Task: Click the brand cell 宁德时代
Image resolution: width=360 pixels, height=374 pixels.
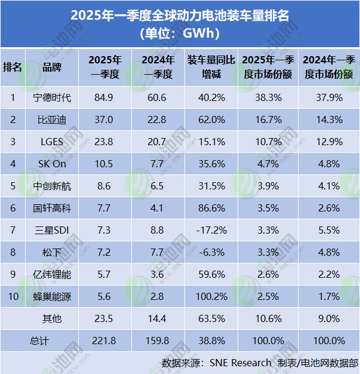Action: coord(53,97)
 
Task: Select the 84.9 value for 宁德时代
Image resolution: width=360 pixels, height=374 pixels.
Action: coord(105,97)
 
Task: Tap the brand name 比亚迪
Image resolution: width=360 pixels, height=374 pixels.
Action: coord(53,119)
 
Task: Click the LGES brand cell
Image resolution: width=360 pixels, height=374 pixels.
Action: coord(53,142)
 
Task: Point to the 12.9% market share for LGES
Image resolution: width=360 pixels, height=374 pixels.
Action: coord(330,142)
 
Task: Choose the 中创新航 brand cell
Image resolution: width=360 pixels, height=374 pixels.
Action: coord(53,186)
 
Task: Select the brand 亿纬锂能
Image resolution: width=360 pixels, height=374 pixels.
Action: coord(53,275)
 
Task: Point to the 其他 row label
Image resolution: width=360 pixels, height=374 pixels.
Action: coord(53,318)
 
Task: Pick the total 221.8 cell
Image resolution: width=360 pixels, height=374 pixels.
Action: coord(105,341)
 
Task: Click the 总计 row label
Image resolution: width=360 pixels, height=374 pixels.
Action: coord(39,341)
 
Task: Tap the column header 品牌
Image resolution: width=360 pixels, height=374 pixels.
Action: coord(53,67)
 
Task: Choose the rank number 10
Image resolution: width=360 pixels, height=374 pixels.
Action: coord(13,297)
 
